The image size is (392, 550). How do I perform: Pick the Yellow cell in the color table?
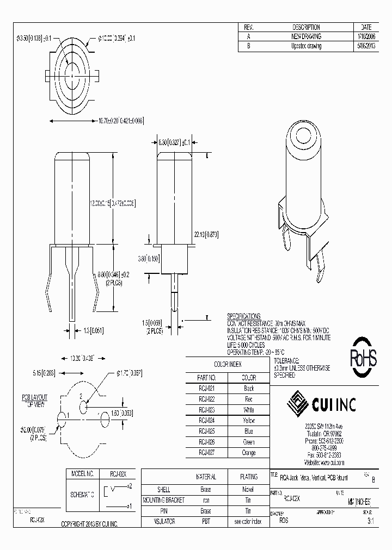pyautogui.click(x=248, y=421)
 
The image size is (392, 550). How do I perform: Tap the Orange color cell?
pyautogui.click(x=248, y=453)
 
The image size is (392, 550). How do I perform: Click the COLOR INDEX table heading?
pyautogui.click(x=227, y=365)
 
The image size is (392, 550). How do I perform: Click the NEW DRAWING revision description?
pyautogui.click(x=306, y=36)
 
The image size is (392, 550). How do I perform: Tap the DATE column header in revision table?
pyautogui.click(x=366, y=27)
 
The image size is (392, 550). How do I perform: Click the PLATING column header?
pyautogui.click(x=249, y=477)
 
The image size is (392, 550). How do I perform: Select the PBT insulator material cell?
pyautogui.click(x=206, y=521)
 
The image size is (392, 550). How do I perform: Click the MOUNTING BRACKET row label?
pyautogui.click(x=163, y=500)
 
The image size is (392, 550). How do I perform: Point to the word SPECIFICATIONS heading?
pyautogui.click(x=243, y=316)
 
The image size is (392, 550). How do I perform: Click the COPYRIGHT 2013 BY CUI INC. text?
pyautogui.click(x=90, y=523)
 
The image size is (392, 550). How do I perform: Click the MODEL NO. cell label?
pyautogui.click(x=83, y=473)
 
